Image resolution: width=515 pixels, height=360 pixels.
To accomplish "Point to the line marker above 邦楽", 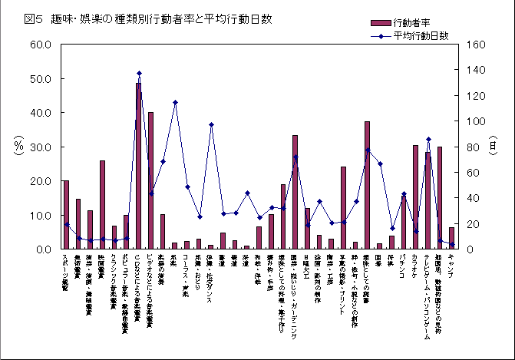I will click(175, 102).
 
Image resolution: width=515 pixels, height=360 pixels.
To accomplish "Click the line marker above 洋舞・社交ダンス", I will click(211, 124).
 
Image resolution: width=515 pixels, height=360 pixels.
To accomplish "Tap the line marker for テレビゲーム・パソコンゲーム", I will click(428, 140).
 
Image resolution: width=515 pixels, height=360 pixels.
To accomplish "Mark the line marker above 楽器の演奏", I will click(163, 162).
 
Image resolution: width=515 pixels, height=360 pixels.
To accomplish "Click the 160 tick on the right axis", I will click(474, 45).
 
